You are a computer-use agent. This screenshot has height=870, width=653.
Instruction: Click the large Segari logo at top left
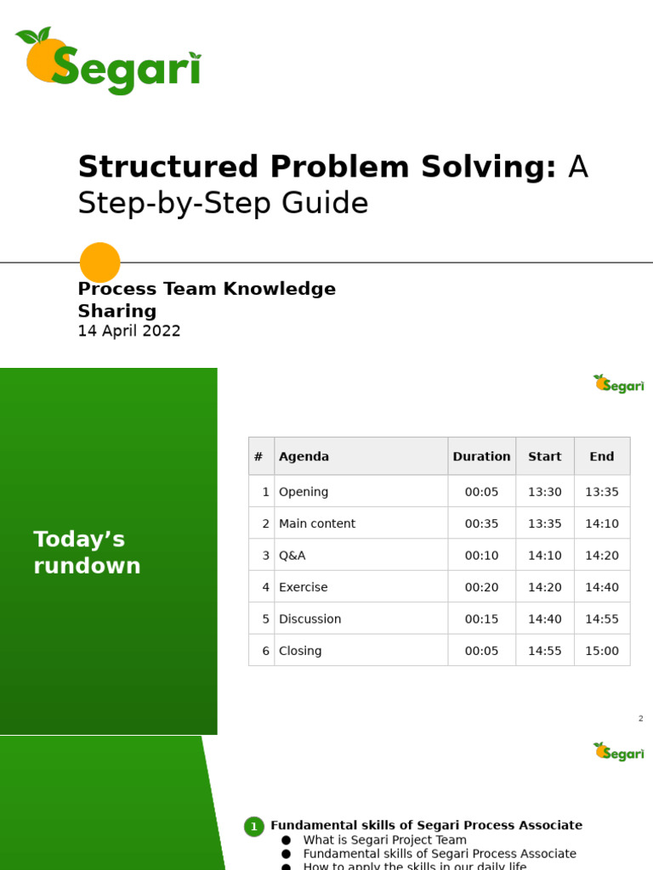[x=109, y=61]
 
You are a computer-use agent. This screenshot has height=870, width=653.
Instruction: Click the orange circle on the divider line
[x=99, y=263]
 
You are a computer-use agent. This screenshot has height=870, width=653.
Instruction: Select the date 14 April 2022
[x=129, y=331]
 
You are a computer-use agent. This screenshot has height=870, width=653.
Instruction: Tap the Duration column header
[x=481, y=456]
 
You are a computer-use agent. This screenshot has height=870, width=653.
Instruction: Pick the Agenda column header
[x=304, y=456]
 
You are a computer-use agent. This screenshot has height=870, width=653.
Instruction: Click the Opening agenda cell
[x=304, y=492]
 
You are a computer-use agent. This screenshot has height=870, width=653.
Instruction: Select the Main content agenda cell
[x=317, y=523]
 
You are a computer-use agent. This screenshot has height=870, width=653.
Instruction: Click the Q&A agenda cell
[x=292, y=556]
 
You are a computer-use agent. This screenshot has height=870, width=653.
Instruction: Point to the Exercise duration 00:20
[x=481, y=587]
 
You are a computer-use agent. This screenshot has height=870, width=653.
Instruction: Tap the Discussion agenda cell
[x=309, y=619]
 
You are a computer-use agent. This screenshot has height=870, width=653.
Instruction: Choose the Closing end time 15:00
[x=602, y=651]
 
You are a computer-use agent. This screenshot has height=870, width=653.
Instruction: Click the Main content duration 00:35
[x=481, y=523]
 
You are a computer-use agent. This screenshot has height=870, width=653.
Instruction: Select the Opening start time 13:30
[x=544, y=492]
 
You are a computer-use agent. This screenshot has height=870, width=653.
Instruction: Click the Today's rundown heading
[x=87, y=552]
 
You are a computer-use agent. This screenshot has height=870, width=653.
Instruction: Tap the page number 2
[x=641, y=719]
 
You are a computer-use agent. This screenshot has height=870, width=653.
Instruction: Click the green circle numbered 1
[x=253, y=827]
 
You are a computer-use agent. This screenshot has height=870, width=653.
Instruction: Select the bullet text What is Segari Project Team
[x=384, y=840]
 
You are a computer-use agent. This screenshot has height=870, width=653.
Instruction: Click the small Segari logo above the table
[x=619, y=384]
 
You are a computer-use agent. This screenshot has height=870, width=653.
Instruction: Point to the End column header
[x=602, y=456]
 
